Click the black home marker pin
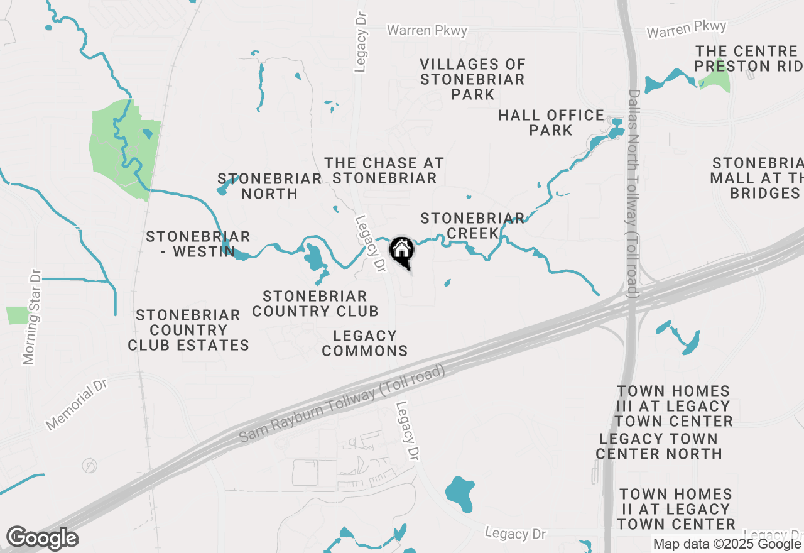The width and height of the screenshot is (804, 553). pyautogui.click(x=401, y=251)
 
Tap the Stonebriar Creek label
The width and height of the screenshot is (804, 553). pyautogui.click(x=472, y=226)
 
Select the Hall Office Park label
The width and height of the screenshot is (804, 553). pyautogui.click(x=551, y=123)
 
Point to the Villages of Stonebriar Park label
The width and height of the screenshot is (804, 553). pyautogui.click(x=473, y=79)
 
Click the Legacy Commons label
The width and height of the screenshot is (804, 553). pyautogui.click(x=365, y=343)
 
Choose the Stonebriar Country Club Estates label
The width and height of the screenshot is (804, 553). pyautogui.click(x=188, y=330)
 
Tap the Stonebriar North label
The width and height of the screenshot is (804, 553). pyautogui.click(x=269, y=186)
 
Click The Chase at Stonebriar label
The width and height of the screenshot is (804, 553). pyautogui.click(x=384, y=170)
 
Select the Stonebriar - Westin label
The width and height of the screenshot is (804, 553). pyautogui.click(x=198, y=244)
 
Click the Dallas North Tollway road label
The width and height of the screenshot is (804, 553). pyautogui.click(x=633, y=194)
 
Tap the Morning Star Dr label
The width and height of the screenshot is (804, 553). pyautogui.click(x=31, y=317)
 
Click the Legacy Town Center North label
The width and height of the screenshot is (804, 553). pyautogui.click(x=658, y=446)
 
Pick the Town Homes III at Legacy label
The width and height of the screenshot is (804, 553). pyautogui.click(x=673, y=406)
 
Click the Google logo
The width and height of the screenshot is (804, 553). pyautogui.click(x=42, y=539)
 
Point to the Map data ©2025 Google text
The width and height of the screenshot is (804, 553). pyautogui.click(x=727, y=544)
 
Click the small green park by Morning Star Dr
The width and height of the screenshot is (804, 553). pyautogui.click(x=18, y=315)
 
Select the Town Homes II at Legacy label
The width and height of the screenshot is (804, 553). pyautogui.click(x=676, y=509)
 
